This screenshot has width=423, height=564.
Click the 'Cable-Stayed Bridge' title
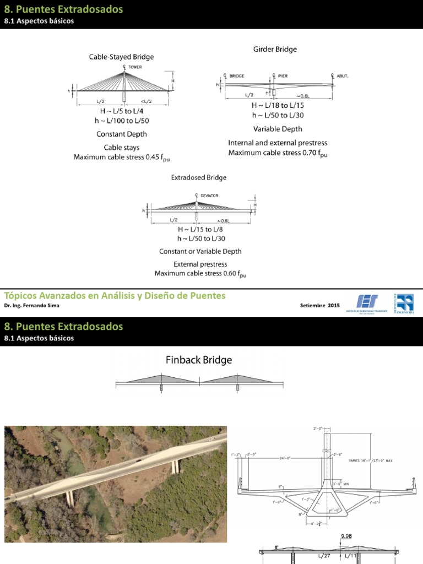pyautogui.click(x=121, y=57)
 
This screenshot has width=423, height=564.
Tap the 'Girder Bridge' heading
pyautogui.click(x=274, y=50)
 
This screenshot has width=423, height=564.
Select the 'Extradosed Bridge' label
pyautogui.click(x=198, y=178)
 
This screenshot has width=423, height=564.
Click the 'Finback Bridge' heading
pyautogui.click(x=199, y=360)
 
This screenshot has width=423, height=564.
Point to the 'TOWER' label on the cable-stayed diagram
pyautogui.click(x=135, y=67)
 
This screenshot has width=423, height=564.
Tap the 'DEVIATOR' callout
pyautogui.click(x=209, y=195)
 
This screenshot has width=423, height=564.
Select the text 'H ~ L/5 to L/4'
pyautogui.click(x=121, y=111)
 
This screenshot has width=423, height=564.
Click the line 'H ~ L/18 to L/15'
pyautogui.click(x=278, y=105)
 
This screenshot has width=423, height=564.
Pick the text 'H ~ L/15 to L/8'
pyautogui.click(x=201, y=229)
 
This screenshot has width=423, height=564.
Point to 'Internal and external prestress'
pyautogui.click(x=278, y=143)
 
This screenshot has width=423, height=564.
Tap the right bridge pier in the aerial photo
pyautogui.click(x=175, y=467)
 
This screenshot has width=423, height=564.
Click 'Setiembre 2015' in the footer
pyautogui.click(x=320, y=305)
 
